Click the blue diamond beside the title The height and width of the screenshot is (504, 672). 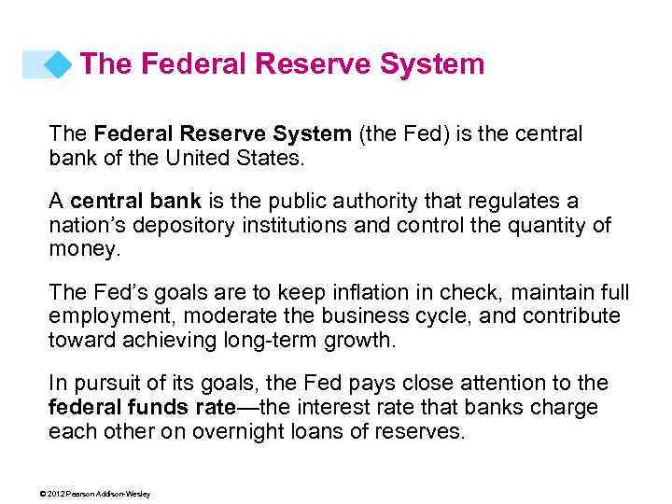pyautogui.click(x=59, y=64)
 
